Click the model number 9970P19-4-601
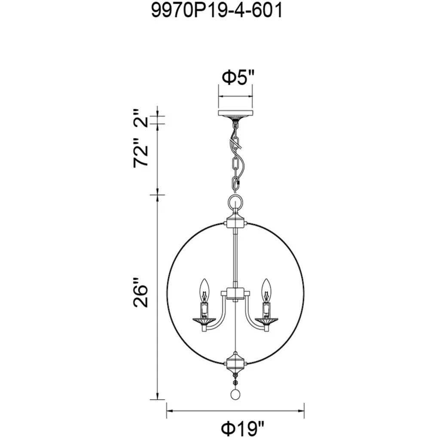[x=217, y=11]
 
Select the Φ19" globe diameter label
[x=243, y=428]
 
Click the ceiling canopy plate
[x=235, y=113]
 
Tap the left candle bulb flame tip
[x=204, y=279]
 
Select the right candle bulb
[x=266, y=290]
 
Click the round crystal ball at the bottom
[x=235, y=394]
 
